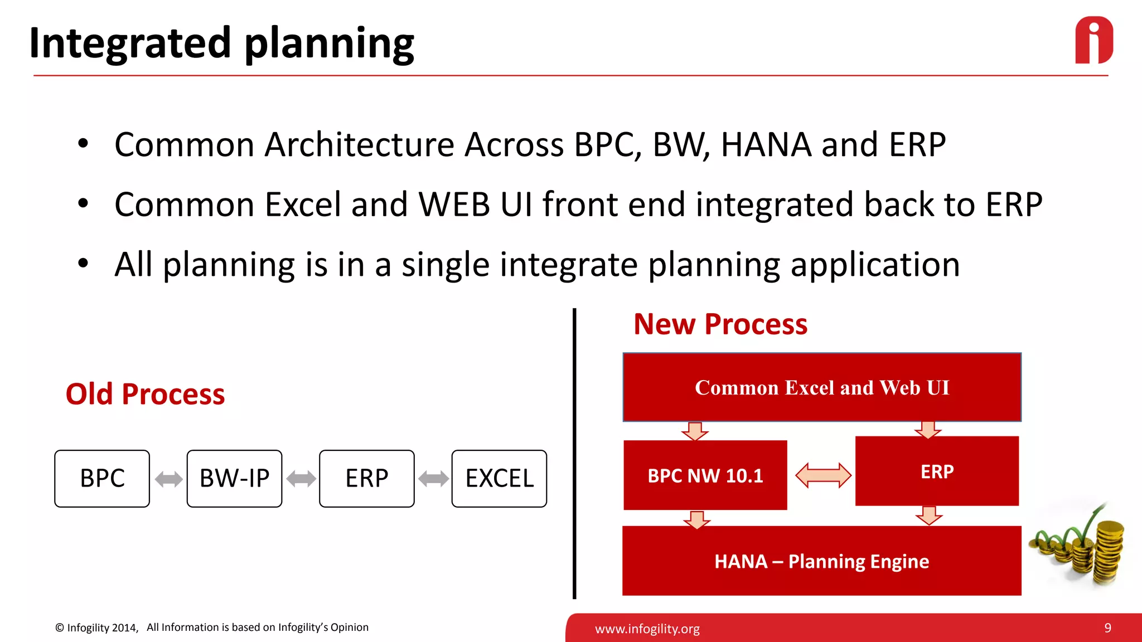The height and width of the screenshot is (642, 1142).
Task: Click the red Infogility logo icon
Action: [1093, 41]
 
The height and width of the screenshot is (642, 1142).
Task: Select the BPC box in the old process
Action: [102, 479]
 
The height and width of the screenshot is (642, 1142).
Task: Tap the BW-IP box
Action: [234, 479]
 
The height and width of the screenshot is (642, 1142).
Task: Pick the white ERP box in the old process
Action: [366, 479]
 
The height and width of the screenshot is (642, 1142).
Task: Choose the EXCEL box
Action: [499, 479]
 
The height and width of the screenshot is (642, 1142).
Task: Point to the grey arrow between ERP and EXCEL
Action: [433, 479]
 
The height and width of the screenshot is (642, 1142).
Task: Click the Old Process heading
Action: [145, 394]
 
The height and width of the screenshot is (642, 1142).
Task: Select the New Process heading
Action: [720, 324]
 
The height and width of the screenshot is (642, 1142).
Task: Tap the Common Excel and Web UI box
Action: [821, 387]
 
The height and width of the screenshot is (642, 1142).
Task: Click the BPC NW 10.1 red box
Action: [705, 475]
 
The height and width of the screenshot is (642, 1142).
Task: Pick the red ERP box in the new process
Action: [937, 471]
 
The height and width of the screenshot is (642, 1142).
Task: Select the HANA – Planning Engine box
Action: [821, 561]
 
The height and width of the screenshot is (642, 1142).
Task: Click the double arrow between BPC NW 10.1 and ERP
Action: [822, 475]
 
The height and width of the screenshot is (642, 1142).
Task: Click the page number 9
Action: [1107, 628]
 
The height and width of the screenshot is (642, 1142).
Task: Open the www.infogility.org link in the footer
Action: [647, 629]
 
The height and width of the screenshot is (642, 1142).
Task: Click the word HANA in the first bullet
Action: [766, 145]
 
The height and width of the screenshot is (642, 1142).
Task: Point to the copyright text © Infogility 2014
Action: [96, 628]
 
